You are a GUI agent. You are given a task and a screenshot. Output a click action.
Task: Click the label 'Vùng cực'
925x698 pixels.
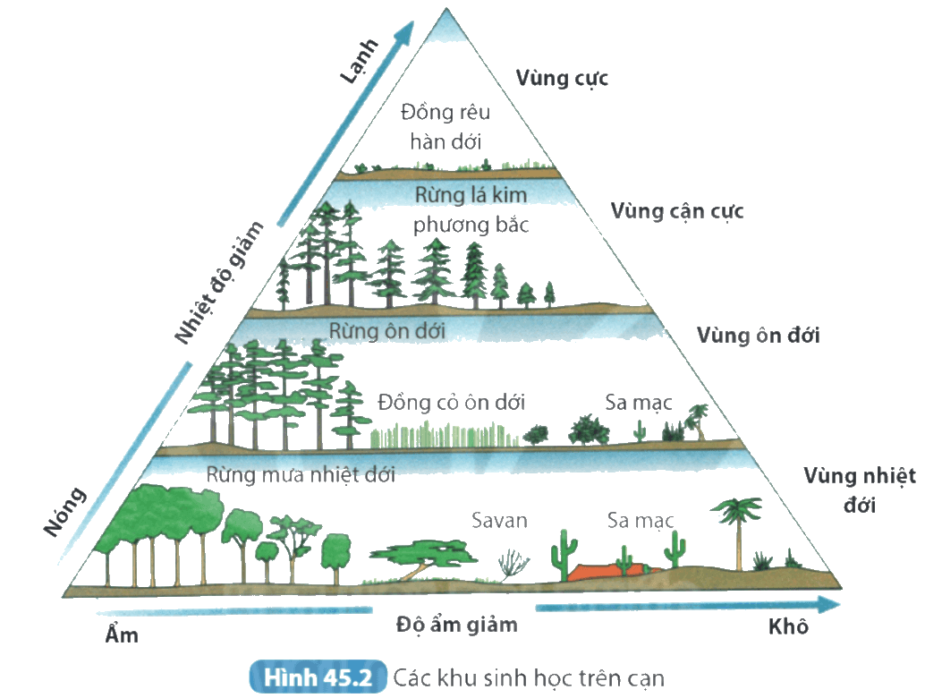562,79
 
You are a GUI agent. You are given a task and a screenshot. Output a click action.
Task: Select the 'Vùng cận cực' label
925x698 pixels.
676,211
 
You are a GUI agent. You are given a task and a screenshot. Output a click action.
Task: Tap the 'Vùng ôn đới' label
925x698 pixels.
758,336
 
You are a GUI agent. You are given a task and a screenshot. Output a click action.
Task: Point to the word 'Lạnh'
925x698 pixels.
359,61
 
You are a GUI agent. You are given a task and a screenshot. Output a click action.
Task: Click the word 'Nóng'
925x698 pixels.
65,512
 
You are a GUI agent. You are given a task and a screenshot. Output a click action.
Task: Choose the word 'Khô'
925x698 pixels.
788,626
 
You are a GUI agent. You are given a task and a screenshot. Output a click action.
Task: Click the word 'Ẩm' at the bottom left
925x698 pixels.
122,634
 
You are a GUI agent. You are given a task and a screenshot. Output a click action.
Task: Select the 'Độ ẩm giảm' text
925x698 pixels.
456,625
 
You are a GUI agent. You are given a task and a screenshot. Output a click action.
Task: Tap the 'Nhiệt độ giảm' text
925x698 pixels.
219,282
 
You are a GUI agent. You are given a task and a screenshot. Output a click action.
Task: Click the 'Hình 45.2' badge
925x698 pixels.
318,677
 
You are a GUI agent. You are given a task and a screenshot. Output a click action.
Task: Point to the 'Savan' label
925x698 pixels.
499,521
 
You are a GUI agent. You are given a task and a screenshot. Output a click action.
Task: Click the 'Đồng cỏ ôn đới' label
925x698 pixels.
451,403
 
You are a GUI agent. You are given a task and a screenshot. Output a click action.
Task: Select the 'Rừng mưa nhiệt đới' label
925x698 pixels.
301,474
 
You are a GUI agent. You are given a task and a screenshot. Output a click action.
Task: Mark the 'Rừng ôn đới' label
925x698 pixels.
387,331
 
